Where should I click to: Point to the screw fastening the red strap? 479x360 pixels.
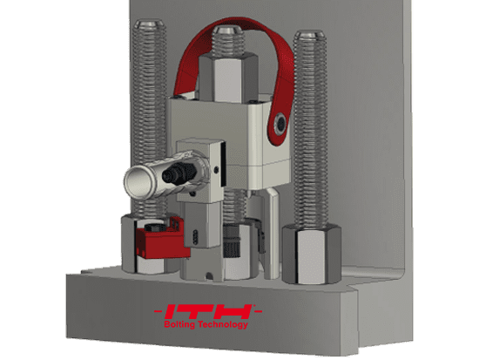point(278,125)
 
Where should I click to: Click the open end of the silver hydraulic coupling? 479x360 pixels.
point(137,180)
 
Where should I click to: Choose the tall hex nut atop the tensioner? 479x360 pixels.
point(228,78)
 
